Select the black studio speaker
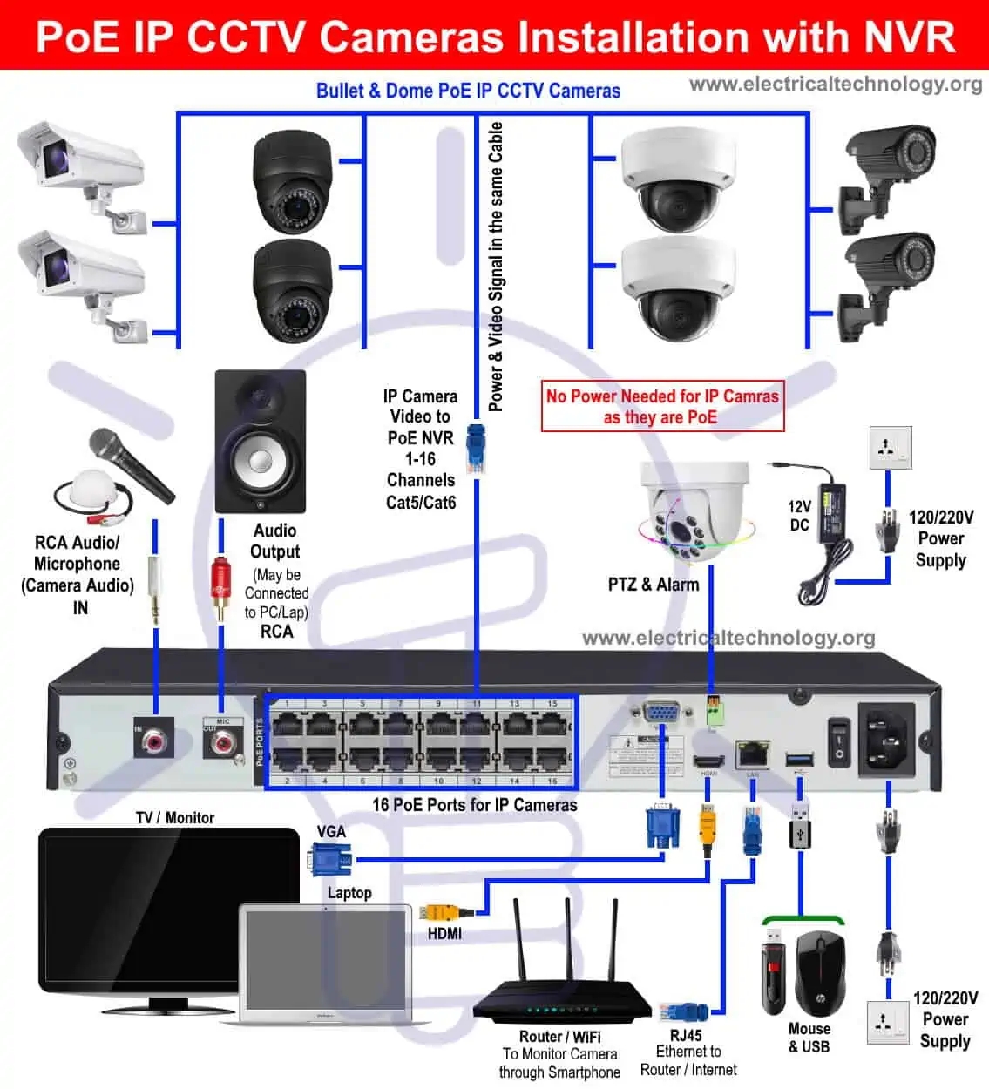tap(261, 443)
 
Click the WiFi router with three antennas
tap(562, 984)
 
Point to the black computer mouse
tap(820, 972)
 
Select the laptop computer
tap(325, 964)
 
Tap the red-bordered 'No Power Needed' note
tap(662, 406)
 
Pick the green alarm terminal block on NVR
tap(715, 712)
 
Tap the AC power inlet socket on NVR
tap(887, 738)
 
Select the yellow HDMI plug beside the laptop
tap(444, 913)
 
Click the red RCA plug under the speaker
tap(220, 589)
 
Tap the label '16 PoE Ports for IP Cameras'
tap(474, 805)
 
